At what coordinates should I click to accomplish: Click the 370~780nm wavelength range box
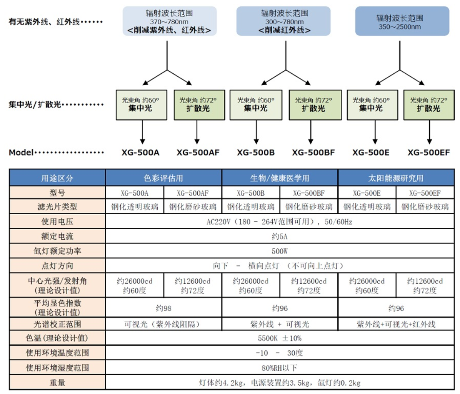[169, 22]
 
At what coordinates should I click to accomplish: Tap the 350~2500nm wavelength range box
[400, 22]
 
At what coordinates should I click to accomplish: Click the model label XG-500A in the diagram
[140, 152]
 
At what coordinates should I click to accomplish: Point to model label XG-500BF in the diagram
[313, 152]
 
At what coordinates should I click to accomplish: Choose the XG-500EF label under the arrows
[428, 152]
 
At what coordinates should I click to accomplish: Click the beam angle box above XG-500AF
[199, 105]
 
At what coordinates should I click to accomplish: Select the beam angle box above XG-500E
[372, 105]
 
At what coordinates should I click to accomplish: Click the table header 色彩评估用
[163, 178]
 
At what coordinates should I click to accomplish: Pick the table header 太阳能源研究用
[396, 178]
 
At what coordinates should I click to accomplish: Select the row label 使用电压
[57, 222]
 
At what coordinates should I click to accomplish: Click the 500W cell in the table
[280, 251]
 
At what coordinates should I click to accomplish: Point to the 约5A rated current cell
[280, 237]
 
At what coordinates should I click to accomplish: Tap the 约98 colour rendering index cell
[163, 308]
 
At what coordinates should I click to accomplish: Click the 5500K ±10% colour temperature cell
[280, 338]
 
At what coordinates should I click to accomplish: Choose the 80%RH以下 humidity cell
[280, 368]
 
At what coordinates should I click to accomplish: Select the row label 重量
[57, 383]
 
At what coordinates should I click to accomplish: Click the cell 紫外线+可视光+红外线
[396, 324]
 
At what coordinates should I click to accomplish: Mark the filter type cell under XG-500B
[251, 207]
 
